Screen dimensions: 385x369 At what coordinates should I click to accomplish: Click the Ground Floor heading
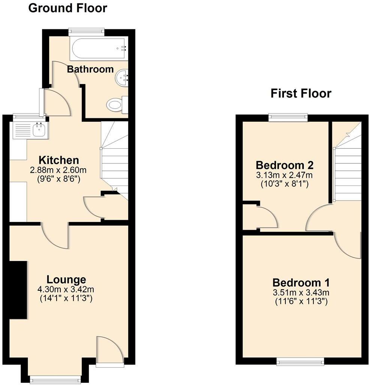tap(67, 8)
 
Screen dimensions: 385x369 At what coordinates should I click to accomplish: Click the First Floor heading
tap(301, 93)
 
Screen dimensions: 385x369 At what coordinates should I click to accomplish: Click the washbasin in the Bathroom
tap(121, 78)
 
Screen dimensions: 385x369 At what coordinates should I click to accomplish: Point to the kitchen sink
tap(39, 130)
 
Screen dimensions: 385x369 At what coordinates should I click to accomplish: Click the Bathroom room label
tap(90, 69)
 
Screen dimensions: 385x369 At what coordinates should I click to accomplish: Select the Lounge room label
tap(66, 279)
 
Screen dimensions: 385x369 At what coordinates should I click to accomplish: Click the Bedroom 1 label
tap(301, 282)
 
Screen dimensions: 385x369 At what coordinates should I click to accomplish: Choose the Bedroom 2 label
tap(285, 165)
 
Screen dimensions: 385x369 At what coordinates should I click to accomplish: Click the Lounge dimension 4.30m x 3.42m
tap(66, 290)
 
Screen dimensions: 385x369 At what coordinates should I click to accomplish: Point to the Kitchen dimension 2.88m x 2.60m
tap(55, 170)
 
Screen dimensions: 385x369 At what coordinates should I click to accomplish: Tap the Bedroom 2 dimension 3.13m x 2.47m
tap(285, 175)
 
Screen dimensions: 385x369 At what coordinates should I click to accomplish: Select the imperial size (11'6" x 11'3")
tap(301, 301)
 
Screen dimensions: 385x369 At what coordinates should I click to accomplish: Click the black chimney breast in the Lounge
tap(18, 290)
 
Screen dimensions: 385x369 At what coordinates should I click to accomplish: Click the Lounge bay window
tap(55, 377)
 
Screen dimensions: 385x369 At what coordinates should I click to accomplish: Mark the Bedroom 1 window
tap(300, 361)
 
